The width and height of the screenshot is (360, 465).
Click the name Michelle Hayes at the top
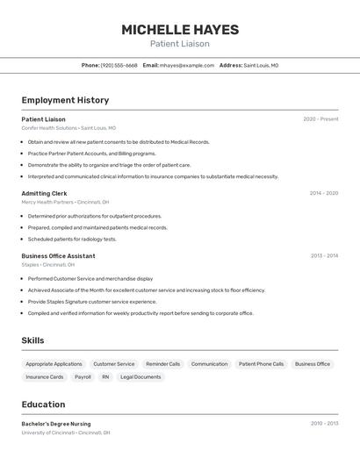179,30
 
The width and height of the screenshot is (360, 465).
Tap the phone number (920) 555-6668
119,65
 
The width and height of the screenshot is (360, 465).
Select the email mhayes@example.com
187,65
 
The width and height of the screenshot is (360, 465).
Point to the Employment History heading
65,100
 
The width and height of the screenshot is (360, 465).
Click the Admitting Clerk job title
44,193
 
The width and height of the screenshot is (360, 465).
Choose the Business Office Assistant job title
58,256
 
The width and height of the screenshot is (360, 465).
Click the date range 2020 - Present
320,119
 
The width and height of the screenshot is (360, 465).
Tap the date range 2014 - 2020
323,193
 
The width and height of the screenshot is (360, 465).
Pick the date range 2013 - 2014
323,256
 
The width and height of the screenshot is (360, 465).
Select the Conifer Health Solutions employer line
68,128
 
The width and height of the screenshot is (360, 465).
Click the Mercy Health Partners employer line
65,202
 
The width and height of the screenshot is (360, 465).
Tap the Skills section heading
32,340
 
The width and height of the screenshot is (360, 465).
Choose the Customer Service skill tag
114,364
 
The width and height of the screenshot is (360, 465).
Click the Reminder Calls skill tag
162,364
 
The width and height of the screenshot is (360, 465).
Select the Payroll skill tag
83,377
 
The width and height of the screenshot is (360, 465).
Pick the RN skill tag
105,377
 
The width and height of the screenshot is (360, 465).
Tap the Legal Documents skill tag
140,377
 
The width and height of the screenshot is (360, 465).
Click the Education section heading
43,404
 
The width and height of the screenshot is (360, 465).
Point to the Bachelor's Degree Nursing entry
56,424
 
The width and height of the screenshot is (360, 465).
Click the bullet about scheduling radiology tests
72,239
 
